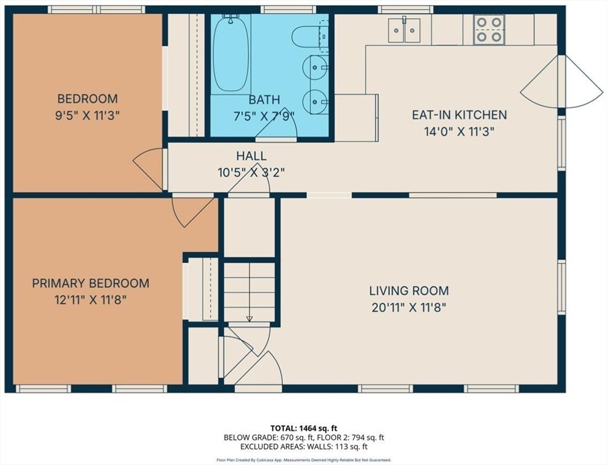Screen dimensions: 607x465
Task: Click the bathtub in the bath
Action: [231, 53]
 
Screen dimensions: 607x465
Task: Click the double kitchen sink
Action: [404, 30]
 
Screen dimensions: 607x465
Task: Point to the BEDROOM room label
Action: [87, 99]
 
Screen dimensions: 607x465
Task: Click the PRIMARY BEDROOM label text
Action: [91, 283]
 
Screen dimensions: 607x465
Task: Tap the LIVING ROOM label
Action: [409, 291]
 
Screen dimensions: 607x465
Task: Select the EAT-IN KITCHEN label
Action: [459, 115]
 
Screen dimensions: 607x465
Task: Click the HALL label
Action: [251, 156]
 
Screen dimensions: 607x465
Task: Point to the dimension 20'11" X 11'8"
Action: [409, 308]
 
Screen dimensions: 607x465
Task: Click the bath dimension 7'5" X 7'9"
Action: [264, 116]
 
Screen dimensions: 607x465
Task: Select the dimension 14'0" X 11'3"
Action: [459, 132]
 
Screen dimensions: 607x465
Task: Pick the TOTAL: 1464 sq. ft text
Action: [304, 428]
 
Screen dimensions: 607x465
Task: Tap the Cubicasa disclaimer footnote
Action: [304, 460]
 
